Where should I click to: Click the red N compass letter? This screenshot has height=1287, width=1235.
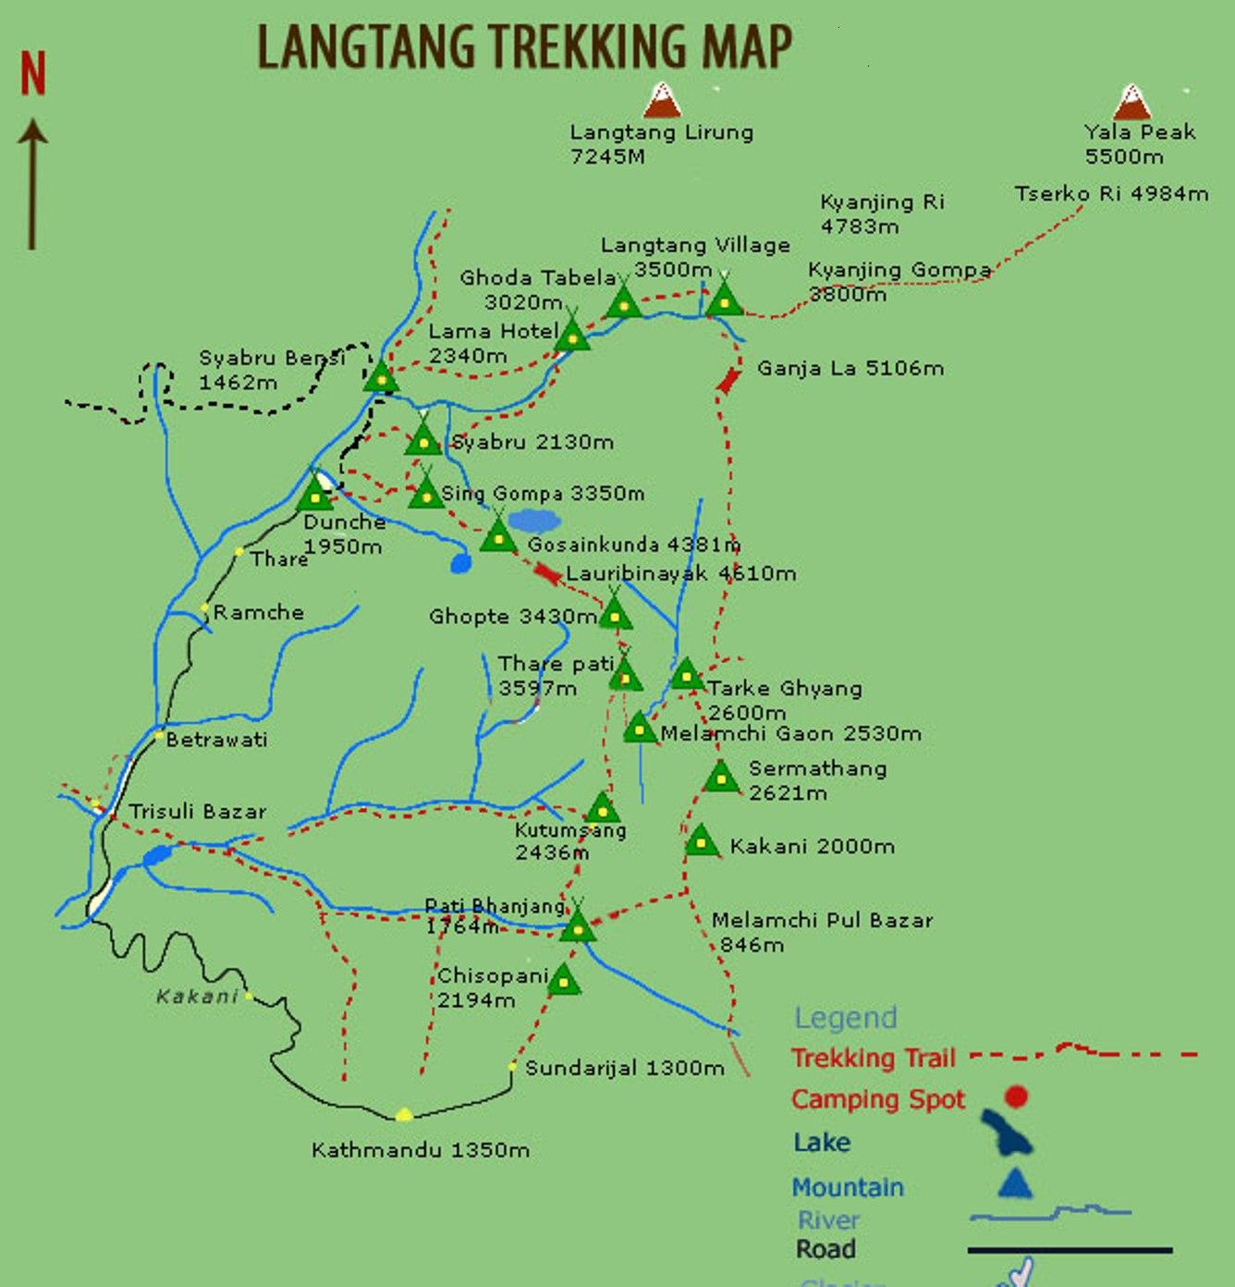click(33, 74)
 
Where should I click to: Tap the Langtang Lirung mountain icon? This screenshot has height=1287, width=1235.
click(662, 101)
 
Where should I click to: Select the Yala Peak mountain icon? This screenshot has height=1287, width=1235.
click(1132, 103)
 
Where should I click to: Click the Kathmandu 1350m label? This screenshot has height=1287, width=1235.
click(421, 1150)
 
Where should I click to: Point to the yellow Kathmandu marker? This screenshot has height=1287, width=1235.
click(403, 1115)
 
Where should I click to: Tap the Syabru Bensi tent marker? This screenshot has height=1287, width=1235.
click(381, 377)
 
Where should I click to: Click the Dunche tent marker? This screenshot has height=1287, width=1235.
click(315, 494)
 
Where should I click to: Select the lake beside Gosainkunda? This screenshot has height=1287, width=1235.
click(534, 521)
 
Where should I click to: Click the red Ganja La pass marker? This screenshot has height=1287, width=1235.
click(729, 380)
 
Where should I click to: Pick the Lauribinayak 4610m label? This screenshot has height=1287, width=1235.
click(681, 573)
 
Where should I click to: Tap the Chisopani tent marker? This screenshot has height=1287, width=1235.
click(563, 980)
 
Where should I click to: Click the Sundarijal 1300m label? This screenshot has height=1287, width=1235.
click(625, 1069)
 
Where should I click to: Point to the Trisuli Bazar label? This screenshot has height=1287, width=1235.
click(198, 812)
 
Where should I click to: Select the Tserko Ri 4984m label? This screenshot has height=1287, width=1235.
click(1111, 194)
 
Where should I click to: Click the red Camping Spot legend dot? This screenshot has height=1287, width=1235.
click(1016, 1097)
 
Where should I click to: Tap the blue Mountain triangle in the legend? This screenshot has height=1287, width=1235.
click(1015, 1183)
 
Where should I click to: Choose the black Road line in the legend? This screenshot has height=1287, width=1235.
click(1070, 1250)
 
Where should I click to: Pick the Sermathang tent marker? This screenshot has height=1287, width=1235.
click(721, 778)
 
